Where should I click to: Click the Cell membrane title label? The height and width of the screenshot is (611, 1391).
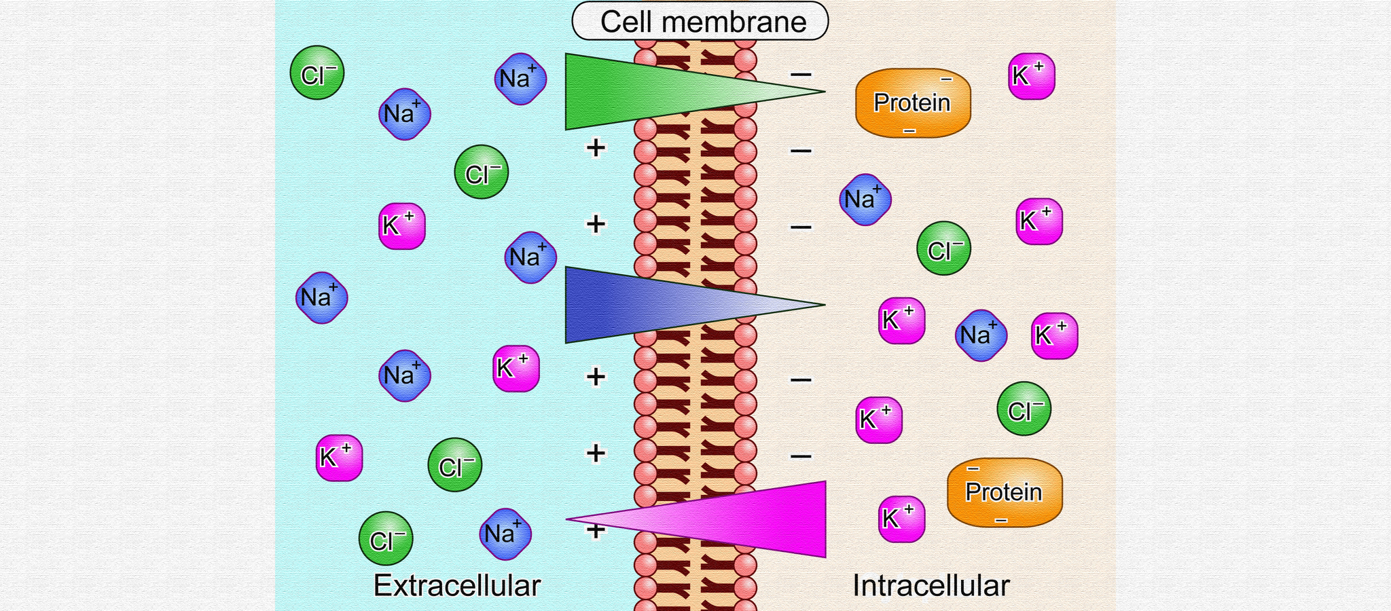700,21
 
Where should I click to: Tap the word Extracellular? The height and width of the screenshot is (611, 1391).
456,585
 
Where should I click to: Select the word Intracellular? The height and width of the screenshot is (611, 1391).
931,585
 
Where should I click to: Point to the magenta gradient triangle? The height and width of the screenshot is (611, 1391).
747,519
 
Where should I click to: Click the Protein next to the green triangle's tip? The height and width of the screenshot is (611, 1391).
913,103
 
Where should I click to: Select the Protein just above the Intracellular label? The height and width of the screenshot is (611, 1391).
1005,492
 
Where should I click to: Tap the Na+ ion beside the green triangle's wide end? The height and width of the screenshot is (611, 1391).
520,78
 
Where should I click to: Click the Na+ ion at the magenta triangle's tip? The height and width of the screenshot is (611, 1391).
505,534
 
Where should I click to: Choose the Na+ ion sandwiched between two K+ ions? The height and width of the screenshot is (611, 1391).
981,335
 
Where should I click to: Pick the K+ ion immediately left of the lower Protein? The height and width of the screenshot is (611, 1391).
901,519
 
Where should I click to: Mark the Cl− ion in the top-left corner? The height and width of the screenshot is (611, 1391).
317,73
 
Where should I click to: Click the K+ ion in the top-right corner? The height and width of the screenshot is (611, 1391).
1031,76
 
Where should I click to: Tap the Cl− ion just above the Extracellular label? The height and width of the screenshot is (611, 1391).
386,539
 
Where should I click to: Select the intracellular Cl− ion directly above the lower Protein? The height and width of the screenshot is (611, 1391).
1024,409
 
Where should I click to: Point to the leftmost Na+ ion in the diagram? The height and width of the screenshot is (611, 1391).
322,297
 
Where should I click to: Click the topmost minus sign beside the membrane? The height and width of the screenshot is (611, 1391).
801,73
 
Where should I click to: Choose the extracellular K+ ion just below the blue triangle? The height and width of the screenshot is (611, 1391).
516,369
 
